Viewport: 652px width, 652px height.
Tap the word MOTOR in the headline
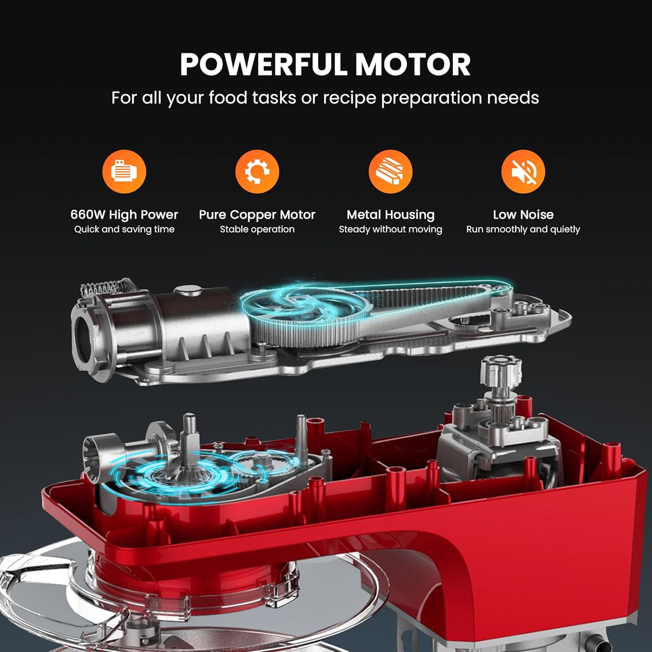tap(412, 64)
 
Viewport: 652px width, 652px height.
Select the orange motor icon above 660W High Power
tap(124, 171)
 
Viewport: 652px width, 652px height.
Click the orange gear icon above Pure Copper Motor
tap(257, 171)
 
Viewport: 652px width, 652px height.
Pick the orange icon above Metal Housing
tap(390, 171)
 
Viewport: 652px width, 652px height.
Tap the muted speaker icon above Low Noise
tap(523, 171)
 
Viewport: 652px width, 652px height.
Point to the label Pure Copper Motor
tap(257, 215)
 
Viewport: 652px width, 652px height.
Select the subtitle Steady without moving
tap(390, 229)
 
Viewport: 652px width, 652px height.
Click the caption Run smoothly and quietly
tap(523, 230)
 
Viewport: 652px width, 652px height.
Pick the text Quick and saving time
tap(124, 230)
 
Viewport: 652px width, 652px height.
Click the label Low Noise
tap(523, 214)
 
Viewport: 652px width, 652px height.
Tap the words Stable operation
tap(257, 230)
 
